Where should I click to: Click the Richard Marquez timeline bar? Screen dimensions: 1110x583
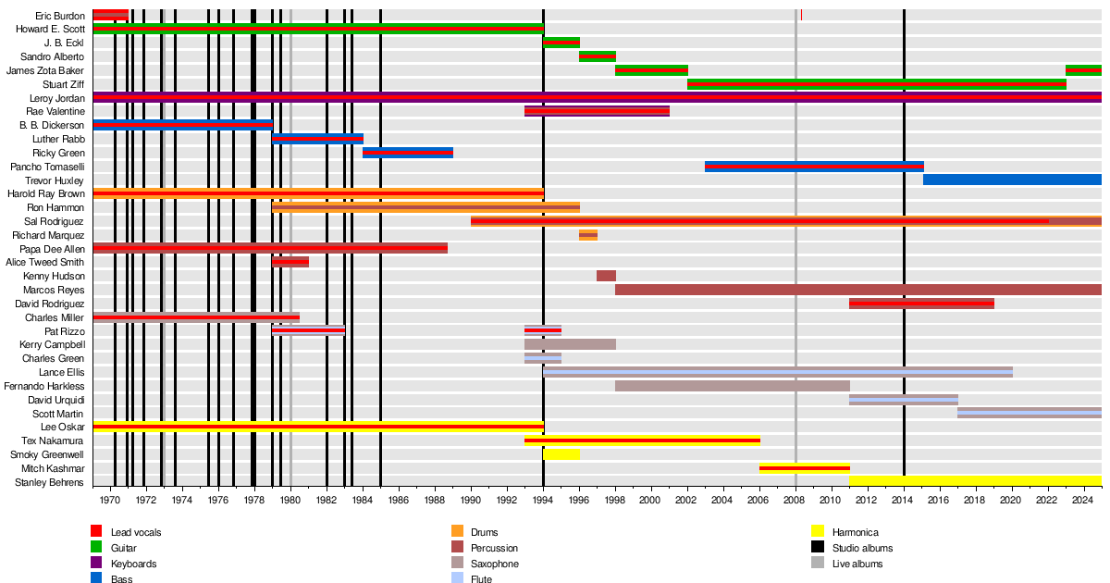pyautogui.click(x=588, y=235)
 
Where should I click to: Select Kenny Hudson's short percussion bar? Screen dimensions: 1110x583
pyautogui.click(x=606, y=276)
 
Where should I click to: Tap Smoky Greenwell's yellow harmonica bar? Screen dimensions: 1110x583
pyautogui.click(x=561, y=454)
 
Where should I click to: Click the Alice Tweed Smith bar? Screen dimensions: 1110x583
pyautogui.click(x=290, y=262)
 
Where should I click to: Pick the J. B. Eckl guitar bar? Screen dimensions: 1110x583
pyautogui.click(x=561, y=43)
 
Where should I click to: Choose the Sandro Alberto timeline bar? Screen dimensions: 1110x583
pyautogui.click(x=598, y=56)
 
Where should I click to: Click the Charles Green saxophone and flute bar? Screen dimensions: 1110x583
pyautogui.click(x=543, y=358)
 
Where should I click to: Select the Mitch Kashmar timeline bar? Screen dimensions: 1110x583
pyautogui.click(x=805, y=468)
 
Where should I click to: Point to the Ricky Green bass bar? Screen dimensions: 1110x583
pyautogui.click(x=408, y=153)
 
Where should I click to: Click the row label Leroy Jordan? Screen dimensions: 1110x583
pyautogui.click(x=57, y=98)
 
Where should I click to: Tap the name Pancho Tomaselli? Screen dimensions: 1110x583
pyautogui.click(x=47, y=167)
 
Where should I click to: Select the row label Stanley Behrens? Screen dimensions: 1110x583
pyautogui.click(x=49, y=482)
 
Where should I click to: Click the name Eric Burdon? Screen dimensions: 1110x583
pyautogui.click(x=60, y=16)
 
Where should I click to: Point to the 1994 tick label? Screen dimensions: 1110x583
pyautogui.click(x=543, y=500)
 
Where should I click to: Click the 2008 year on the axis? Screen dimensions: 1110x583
pyautogui.click(x=794, y=500)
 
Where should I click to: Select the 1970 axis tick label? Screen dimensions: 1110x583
pyautogui.click(x=109, y=500)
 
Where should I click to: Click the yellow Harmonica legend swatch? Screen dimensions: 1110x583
pyautogui.click(x=818, y=531)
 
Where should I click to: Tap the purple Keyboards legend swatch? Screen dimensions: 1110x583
pyautogui.click(x=96, y=563)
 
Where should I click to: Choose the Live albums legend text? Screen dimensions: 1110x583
pyautogui.click(x=857, y=564)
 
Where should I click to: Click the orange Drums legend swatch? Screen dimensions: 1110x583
pyautogui.click(x=457, y=531)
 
